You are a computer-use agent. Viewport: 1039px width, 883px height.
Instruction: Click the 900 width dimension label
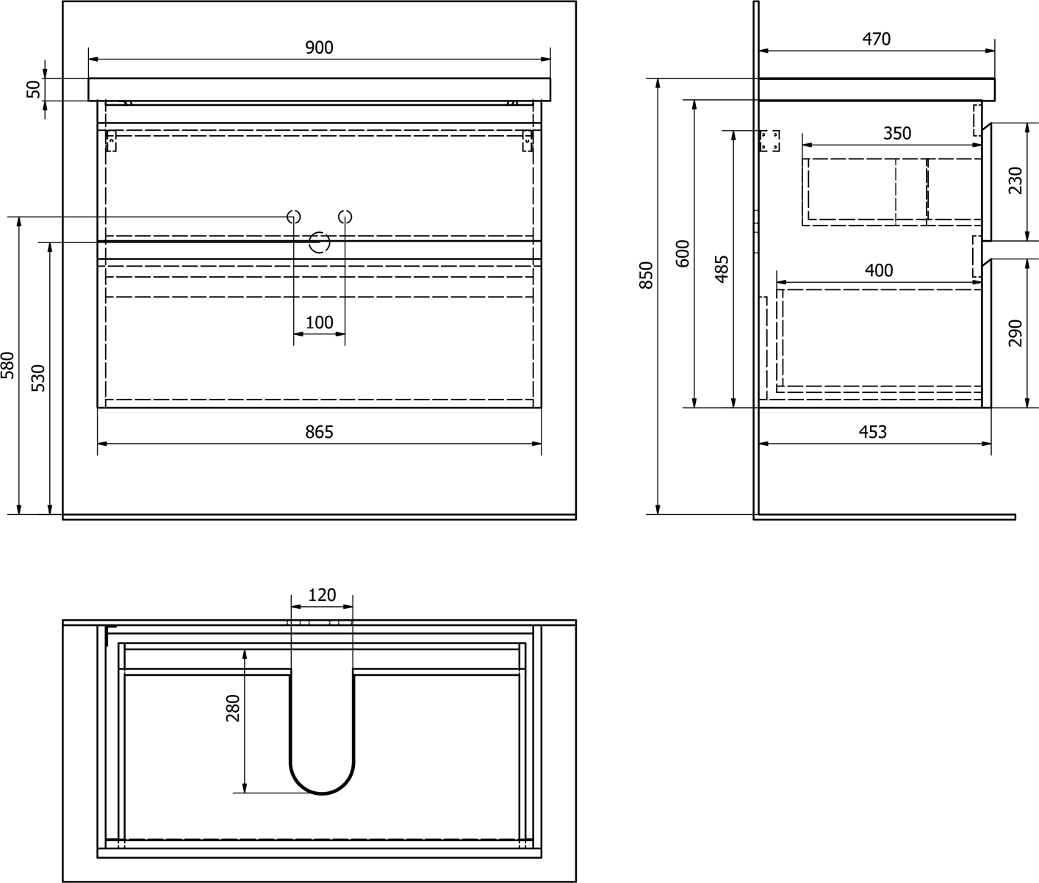coord(319,48)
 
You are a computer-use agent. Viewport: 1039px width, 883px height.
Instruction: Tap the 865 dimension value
coord(319,432)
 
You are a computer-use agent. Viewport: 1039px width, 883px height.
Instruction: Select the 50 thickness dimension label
coord(34,90)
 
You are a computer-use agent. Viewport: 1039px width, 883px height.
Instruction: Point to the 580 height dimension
coord(8,365)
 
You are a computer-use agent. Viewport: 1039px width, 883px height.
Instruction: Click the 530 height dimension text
coord(39,378)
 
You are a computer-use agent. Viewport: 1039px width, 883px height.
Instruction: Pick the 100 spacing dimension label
coord(319,322)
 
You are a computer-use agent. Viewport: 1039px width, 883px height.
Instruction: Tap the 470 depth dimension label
coord(876,39)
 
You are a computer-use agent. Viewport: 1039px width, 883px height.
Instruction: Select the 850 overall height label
coord(646,275)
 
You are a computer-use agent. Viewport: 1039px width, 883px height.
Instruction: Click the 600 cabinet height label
coord(683,253)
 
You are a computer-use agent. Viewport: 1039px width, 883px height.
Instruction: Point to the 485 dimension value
coord(722,269)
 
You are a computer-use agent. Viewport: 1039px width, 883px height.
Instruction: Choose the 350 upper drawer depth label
coord(897,133)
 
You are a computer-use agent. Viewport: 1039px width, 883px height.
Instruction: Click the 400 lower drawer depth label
coord(879,270)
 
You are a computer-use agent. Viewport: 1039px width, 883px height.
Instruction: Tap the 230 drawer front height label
coord(1015,181)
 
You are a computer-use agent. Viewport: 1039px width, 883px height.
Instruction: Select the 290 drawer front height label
coord(1015,333)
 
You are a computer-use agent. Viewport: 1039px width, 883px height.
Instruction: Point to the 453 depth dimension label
coord(873,432)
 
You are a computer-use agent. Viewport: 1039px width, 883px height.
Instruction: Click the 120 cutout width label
coord(322,595)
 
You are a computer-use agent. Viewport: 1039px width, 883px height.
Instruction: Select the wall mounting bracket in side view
coord(769,141)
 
